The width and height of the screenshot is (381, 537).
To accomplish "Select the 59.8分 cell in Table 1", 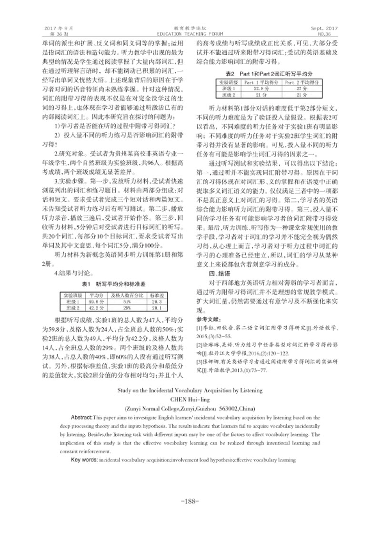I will pyautogui.click(x=97, y=301).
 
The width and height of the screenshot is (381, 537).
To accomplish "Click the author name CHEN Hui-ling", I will pyautogui.click(x=190, y=399).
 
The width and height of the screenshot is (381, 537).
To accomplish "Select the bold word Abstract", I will pyautogui.click(x=81, y=415).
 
